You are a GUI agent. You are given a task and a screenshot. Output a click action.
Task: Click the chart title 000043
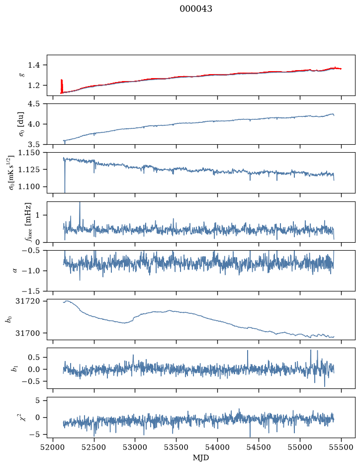tap(195, 9)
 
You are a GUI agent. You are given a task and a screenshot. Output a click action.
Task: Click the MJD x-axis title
tap(201, 458)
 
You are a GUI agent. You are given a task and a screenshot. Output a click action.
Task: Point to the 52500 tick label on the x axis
tap(94, 448)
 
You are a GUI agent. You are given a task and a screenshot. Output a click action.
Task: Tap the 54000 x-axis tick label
tap(217, 448)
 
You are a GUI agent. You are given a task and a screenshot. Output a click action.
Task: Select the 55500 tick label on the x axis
tap(341, 448)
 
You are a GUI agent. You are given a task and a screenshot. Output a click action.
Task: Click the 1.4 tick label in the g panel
tap(34, 65)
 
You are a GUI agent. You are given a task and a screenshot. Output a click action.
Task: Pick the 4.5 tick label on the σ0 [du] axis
tap(34, 103)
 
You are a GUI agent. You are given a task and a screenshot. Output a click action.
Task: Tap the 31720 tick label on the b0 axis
tap(27, 301)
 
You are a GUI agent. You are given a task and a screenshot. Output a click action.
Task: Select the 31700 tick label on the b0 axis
tap(27, 333)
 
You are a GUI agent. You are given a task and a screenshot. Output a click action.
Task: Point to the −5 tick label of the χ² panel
tap(34, 434)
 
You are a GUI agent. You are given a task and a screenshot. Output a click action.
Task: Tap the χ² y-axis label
tap(23, 417)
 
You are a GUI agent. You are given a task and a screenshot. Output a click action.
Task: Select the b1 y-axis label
tap(14, 369)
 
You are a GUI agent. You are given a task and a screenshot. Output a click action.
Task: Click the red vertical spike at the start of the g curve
tap(62, 86)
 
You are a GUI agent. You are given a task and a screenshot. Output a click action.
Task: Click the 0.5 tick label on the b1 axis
tap(34, 357)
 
